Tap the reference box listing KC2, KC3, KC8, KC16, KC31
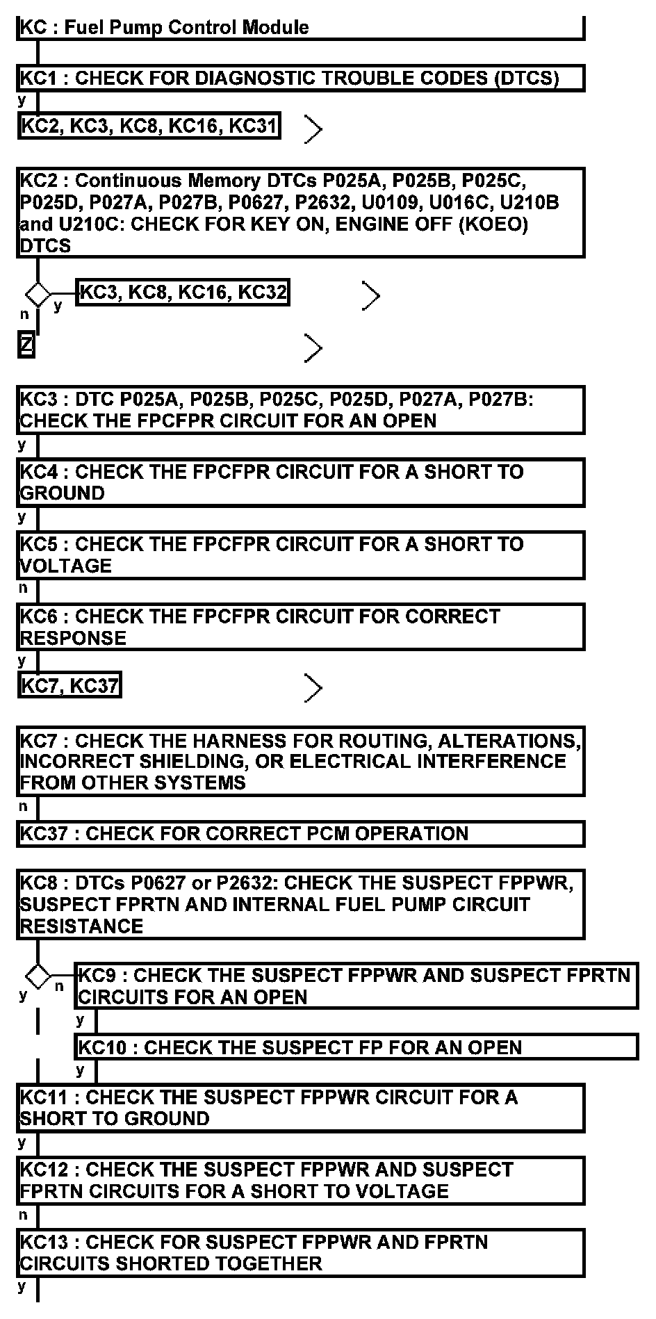(149, 126)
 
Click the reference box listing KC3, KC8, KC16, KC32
(183, 292)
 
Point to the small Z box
(26, 345)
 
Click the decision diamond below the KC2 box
(38, 295)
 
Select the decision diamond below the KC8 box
(38, 976)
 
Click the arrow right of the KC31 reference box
(313, 129)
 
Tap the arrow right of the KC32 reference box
(371, 297)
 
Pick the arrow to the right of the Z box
(313, 348)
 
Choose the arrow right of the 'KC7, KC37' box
(313, 688)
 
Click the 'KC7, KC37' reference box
(69, 685)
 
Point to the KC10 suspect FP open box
(356, 1047)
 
